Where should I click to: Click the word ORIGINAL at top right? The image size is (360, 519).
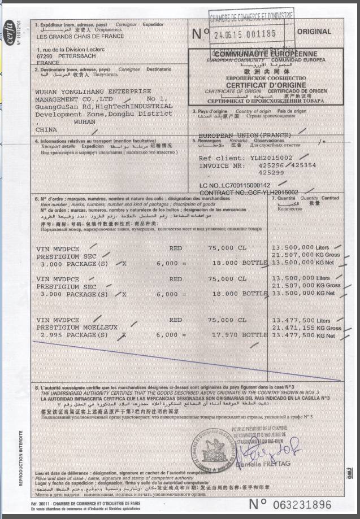click(329, 33)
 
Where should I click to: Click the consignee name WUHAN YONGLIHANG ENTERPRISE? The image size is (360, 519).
click(93, 91)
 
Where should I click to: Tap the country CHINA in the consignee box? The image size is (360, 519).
click(46, 129)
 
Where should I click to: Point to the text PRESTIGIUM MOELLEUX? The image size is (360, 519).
click(77, 327)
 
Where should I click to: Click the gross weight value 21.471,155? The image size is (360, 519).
click(293, 328)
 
